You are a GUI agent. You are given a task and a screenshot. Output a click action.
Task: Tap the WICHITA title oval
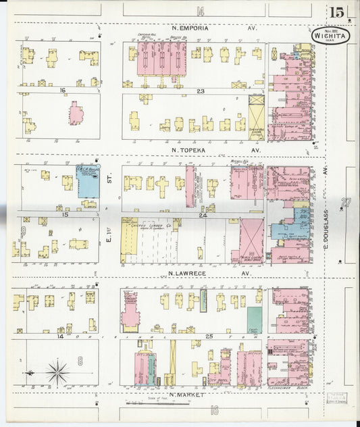tap(330, 35)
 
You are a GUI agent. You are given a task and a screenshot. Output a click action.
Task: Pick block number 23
tap(201, 90)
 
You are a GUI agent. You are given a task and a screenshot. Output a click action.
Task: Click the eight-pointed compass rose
tap(57, 370)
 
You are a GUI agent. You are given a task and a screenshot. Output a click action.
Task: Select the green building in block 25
tap(254, 318)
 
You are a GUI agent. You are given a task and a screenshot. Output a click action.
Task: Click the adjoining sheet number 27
tap(347, 202)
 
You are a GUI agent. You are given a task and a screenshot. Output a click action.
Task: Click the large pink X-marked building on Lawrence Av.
tap(251, 240)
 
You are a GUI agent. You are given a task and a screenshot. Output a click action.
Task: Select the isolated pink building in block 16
tap(76, 113)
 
